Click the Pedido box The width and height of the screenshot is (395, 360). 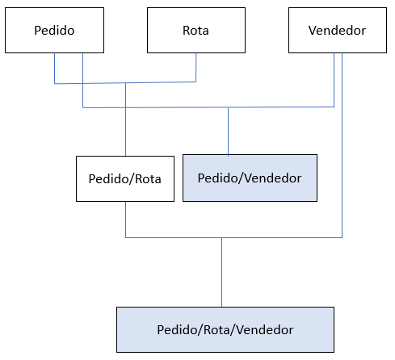click(54, 30)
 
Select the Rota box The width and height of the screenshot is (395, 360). click(196, 30)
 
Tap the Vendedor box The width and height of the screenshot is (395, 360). click(338, 30)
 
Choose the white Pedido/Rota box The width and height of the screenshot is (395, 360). click(125, 178)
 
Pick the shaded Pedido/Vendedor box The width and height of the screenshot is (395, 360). click(250, 178)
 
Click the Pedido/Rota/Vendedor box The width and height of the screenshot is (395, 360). click(225, 329)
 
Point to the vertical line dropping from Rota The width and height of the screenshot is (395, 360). click(196, 67)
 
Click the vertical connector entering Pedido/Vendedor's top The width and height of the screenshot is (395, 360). click(229, 131)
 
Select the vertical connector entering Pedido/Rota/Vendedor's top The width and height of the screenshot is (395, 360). click(221, 272)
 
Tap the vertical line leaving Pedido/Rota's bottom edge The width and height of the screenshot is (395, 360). click(125, 220)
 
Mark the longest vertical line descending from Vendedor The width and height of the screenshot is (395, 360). click(342, 145)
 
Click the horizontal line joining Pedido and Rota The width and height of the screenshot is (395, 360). click(125, 83)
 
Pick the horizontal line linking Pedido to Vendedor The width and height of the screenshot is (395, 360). click(208, 107)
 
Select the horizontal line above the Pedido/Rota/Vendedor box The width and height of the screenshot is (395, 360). click(233, 237)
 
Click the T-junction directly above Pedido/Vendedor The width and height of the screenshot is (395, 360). click(229, 107)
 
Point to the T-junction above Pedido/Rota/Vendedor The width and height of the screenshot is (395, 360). click(221, 237)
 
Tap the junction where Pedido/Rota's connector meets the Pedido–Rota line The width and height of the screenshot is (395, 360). click(125, 83)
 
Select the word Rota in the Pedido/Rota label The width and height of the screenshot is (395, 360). click(148, 179)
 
